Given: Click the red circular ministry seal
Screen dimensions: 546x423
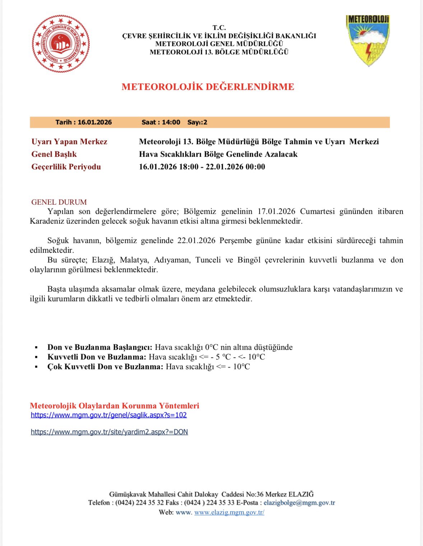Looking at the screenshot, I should [x=61, y=44].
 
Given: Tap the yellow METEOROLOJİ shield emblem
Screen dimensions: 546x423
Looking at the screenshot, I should [x=368, y=40].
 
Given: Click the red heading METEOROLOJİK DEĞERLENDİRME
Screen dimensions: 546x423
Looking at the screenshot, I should [x=208, y=87].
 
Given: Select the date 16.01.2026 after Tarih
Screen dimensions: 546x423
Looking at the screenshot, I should [x=95, y=122].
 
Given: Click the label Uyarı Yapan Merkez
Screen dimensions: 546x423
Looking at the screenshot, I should [x=69, y=142].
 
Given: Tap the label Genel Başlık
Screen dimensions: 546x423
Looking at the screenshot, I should [x=54, y=154].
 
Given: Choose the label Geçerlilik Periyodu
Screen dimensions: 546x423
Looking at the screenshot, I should [x=66, y=167].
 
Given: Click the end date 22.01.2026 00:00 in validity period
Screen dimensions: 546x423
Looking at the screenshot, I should [x=235, y=167].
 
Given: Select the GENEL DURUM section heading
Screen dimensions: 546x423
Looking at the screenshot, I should [x=59, y=202].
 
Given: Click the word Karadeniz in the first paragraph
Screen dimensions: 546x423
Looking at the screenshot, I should [x=47, y=221].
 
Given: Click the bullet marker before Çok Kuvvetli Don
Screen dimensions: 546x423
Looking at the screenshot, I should [x=36, y=367].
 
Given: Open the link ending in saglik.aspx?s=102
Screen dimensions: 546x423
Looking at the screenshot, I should [x=109, y=415].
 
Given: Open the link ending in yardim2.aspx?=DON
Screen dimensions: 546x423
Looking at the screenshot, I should [x=109, y=432].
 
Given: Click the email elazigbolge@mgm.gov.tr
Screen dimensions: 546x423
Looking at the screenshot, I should [x=299, y=503].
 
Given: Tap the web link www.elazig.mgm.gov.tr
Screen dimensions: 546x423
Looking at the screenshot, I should [x=229, y=512].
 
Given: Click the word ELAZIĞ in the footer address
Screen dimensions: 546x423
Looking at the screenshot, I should [x=301, y=494].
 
